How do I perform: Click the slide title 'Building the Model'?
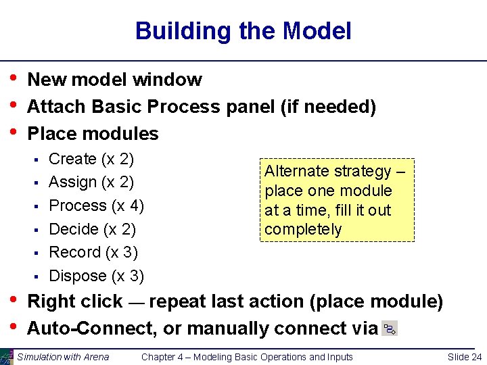(x=243, y=31)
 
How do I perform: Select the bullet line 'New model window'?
(x=114, y=80)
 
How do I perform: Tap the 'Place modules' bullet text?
(x=93, y=134)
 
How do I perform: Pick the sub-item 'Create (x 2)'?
(x=91, y=160)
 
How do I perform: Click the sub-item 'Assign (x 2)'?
(x=91, y=182)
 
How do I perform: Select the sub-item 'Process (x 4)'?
(x=96, y=205)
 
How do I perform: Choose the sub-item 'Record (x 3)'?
(x=93, y=252)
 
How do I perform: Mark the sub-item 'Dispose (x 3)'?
(x=96, y=276)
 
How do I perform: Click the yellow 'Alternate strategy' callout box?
(x=336, y=199)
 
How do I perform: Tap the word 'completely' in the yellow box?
(x=303, y=230)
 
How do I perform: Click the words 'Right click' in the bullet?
(x=74, y=301)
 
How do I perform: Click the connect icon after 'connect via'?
(x=390, y=329)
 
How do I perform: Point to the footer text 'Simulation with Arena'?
(x=63, y=357)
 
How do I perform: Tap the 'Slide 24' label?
(x=465, y=357)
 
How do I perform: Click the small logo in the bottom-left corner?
(x=7, y=356)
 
